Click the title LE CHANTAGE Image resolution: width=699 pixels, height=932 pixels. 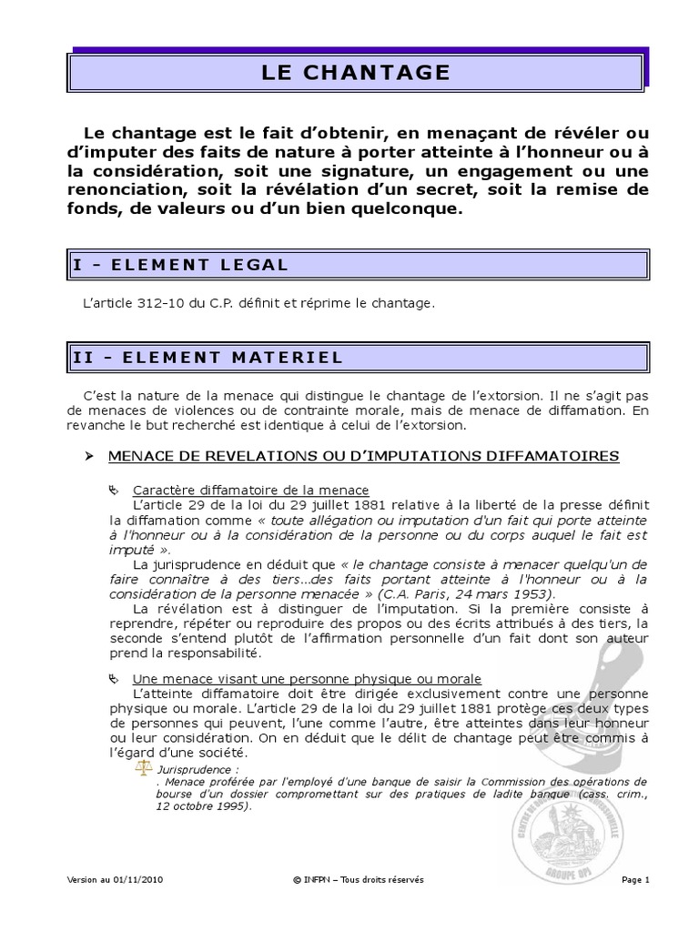click(x=356, y=72)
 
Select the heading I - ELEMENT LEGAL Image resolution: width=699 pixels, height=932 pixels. click(x=179, y=265)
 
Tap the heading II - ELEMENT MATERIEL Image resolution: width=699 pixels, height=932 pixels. click(x=208, y=358)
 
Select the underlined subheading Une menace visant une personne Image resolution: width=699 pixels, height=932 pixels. click(x=307, y=679)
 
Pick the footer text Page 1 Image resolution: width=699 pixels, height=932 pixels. click(x=635, y=880)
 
